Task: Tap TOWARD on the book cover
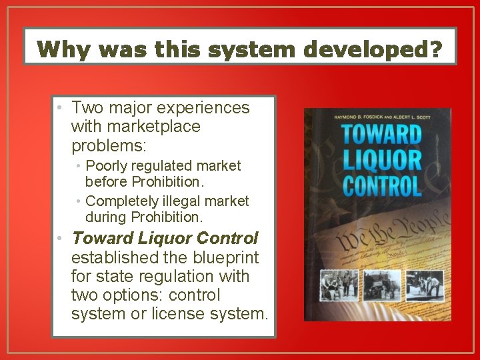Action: [381, 134]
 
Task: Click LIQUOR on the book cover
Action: [381, 160]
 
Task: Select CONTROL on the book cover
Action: [381, 185]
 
